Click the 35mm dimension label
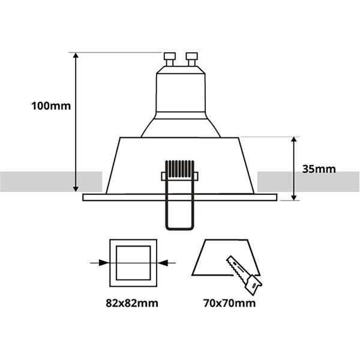319,169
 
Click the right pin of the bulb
191,58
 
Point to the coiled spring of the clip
180,169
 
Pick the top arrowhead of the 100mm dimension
77,56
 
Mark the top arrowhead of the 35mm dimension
293,140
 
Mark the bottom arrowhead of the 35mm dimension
293,196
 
